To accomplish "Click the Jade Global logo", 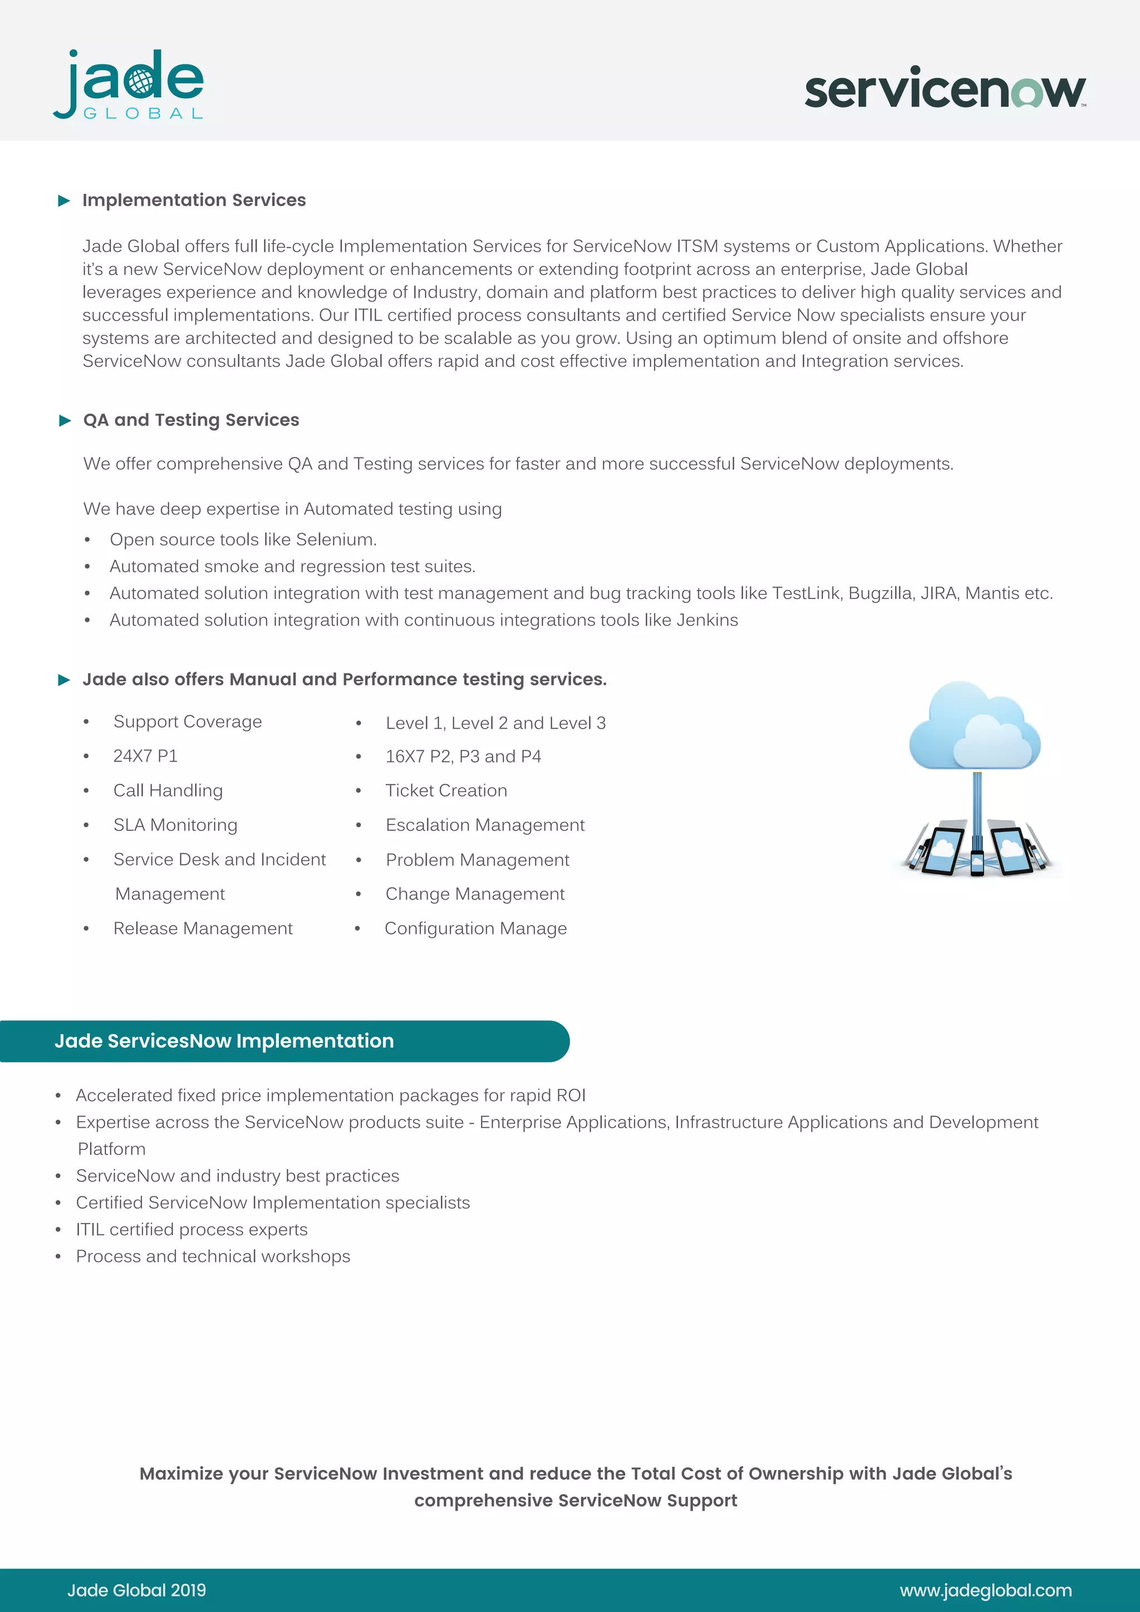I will coord(129,84).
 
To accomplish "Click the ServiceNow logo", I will coord(944,89).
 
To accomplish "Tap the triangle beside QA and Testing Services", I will coord(65,421).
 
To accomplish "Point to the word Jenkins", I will coord(707,621).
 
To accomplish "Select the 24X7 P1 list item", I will coord(145,756).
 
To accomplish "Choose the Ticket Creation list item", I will coord(446,790).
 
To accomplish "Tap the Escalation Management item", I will coord(484,825).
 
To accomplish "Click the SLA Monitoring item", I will coord(175,825).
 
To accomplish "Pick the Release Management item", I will coord(202,929).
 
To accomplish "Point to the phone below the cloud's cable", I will coord(977,861).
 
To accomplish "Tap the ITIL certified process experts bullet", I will coord(191,1230).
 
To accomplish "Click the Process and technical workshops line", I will coord(213,1257).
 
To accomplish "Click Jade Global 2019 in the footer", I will coord(137,1590).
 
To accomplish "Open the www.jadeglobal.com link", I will coord(986,1590).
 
